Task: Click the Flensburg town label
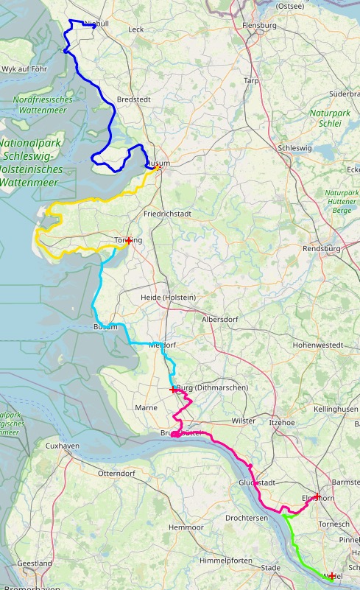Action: point(259,26)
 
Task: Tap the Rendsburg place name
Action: point(322,249)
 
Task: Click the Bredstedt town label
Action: point(133,99)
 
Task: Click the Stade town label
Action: point(271,568)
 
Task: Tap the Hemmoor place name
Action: point(186,528)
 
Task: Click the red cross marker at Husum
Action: point(157,168)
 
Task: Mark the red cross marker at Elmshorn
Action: point(317,496)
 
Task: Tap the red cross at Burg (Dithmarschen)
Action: point(173,389)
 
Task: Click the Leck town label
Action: point(136,29)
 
